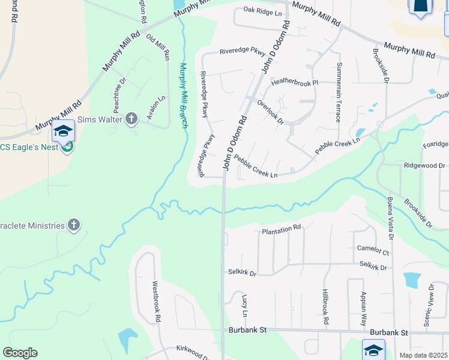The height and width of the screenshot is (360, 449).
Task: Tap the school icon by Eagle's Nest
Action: (x=63, y=130)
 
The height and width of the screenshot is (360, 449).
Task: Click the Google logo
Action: (x=20, y=353)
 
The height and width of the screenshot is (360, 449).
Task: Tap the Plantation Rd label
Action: (x=281, y=229)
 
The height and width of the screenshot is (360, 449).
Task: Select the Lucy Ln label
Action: (x=244, y=305)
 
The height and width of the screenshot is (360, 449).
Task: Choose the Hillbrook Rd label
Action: (x=325, y=307)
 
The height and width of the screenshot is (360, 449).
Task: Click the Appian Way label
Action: (x=364, y=309)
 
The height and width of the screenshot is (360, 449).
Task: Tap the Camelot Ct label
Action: (x=373, y=250)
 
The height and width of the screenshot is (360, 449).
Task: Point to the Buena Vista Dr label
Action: (x=390, y=218)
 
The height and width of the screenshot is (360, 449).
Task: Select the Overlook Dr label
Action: (x=270, y=110)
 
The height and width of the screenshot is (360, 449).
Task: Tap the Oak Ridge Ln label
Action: (x=262, y=12)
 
